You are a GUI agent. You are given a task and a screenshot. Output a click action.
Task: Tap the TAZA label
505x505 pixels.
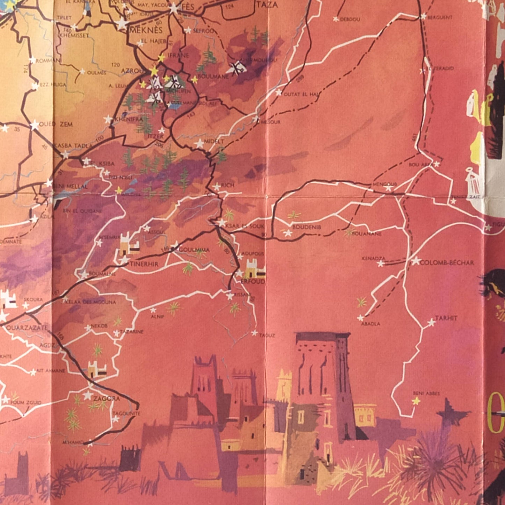click(267, 5)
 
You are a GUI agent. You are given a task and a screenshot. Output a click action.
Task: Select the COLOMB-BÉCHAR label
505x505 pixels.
click(447, 262)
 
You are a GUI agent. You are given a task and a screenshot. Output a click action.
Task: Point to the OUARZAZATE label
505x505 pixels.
click(27, 328)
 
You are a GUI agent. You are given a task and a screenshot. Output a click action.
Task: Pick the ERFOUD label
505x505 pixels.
click(253, 281)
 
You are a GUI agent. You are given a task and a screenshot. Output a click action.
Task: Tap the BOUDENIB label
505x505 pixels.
click(306, 227)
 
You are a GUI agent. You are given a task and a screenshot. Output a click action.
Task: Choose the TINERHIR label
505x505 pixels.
click(144, 264)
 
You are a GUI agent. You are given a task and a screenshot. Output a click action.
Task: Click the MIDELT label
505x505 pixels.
click(214, 142)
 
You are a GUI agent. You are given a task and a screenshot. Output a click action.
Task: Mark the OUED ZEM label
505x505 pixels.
click(56, 124)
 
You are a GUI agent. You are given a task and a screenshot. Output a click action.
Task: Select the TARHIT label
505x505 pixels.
click(446, 318)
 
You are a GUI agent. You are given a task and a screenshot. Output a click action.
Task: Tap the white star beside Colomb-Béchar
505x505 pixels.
click(416, 261)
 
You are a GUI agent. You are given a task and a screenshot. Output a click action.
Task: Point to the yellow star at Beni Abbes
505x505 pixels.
click(416, 401)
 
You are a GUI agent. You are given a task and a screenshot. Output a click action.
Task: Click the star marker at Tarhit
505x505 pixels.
click(432, 323)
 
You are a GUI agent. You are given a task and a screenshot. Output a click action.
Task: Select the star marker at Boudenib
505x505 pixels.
click(288, 233)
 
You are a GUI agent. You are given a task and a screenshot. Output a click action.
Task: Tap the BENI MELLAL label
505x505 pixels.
click(70, 186)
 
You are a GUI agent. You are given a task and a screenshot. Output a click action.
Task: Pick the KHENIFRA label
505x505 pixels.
click(129, 119)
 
